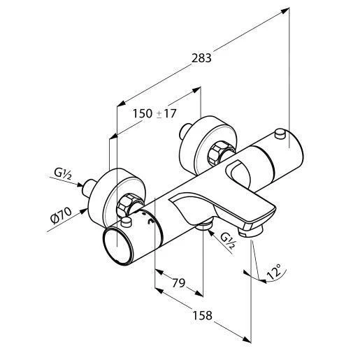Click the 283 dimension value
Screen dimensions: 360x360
coord(201,58)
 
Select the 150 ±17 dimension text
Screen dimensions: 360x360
coord(154,113)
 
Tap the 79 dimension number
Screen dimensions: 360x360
coord(178,283)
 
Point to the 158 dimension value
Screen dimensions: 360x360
coord(202,315)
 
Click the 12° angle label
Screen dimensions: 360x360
coord(274,271)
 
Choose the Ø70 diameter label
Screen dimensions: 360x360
coord(62,216)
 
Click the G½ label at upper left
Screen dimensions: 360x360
coord(62,173)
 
